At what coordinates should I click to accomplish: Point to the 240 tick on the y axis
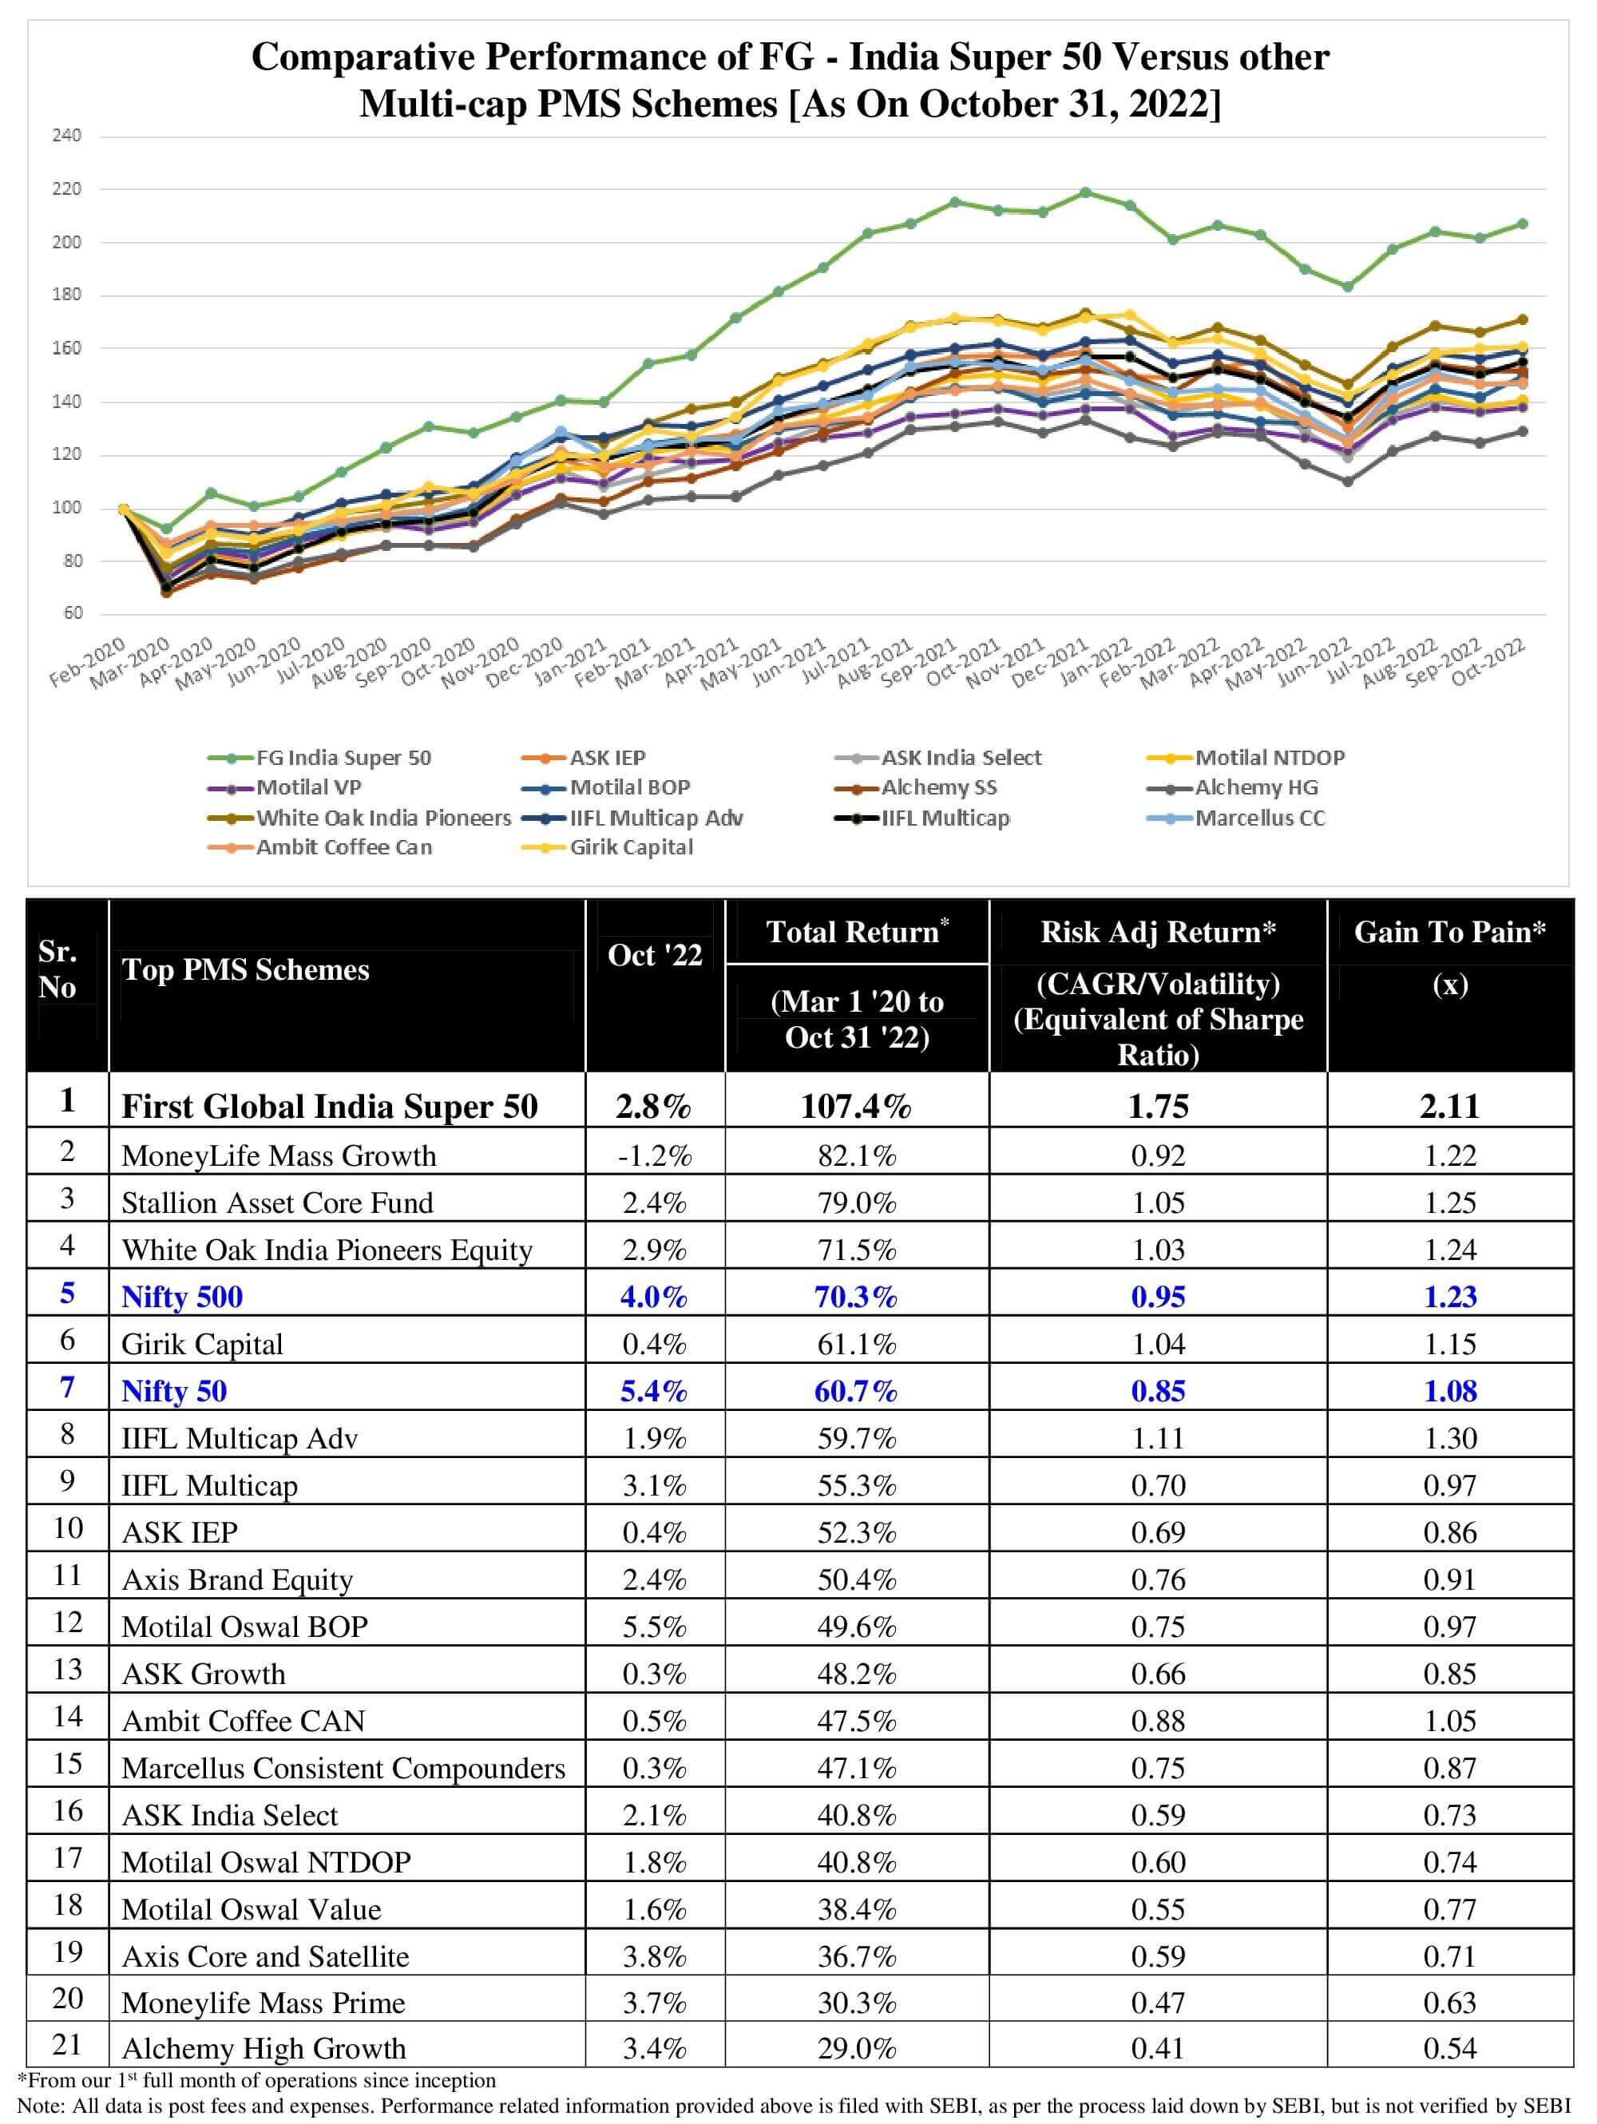[x=66, y=136]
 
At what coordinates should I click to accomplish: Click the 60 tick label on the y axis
[x=73, y=612]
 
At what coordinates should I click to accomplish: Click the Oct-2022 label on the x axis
[x=1489, y=663]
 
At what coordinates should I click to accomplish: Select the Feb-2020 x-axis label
[x=87, y=663]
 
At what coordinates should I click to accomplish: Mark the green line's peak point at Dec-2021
[x=1085, y=192]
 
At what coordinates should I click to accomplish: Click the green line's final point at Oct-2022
[x=1522, y=224]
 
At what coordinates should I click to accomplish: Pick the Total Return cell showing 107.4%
[x=856, y=1106]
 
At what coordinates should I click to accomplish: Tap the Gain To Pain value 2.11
[x=1449, y=1106]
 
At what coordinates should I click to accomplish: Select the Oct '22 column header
[x=655, y=954]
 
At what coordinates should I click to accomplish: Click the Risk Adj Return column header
[x=1157, y=931]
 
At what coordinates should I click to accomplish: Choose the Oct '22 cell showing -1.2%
[x=654, y=1155]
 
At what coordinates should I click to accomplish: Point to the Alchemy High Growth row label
[x=264, y=2048]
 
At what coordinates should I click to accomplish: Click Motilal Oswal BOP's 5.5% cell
[x=654, y=1626]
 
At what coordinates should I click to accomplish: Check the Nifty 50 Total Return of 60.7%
[x=856, y=1390]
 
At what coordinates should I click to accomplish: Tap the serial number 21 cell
[x=67, y=2044]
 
